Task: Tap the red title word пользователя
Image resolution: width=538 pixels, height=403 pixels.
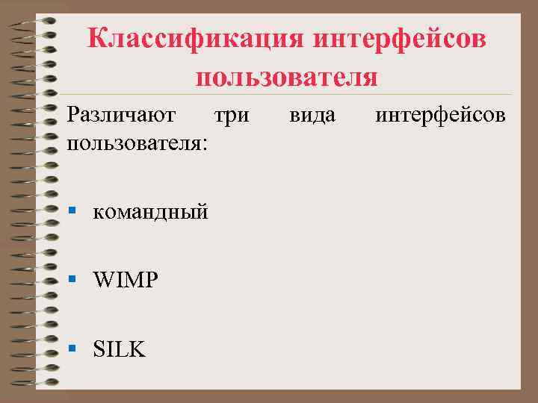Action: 287,76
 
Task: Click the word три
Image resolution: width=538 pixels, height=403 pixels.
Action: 232,116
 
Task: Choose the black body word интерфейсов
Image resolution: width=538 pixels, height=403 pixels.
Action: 440,116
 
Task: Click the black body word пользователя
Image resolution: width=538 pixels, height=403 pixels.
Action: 134,142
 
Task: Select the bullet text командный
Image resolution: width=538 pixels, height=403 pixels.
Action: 149,213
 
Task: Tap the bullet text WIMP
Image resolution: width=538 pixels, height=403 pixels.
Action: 126,281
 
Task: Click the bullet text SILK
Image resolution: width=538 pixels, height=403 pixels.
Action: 119,349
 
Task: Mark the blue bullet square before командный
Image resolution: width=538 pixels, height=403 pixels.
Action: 72,211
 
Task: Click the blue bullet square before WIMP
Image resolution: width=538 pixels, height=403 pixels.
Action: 72,279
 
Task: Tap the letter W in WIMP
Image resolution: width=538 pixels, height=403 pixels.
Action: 102,281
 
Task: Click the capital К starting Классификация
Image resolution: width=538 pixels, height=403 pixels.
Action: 96,39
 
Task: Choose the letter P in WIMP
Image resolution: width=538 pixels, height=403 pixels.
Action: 152,281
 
